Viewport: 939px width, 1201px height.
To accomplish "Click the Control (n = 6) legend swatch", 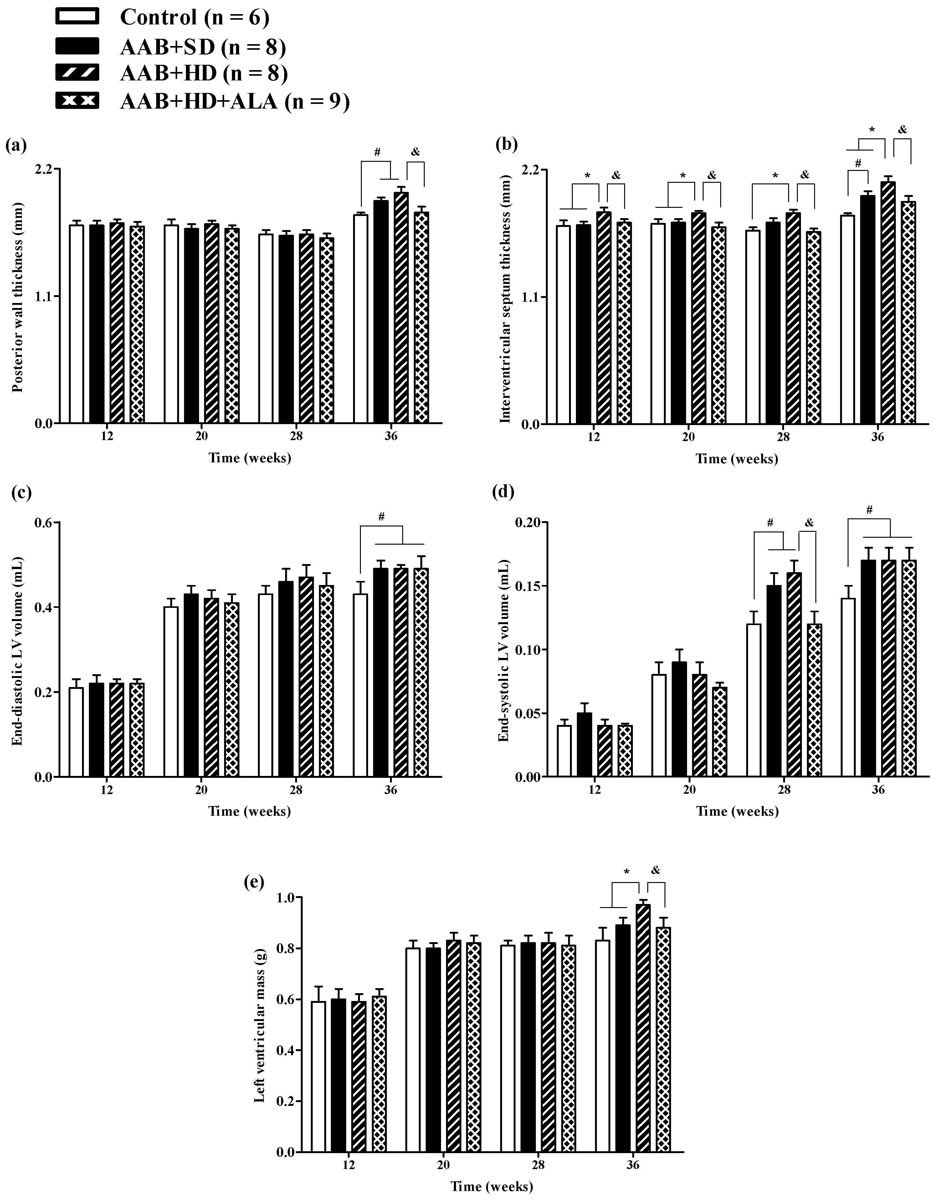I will click(x=77, y=17).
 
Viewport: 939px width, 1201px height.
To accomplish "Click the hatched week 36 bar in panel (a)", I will click(x=401, y=308).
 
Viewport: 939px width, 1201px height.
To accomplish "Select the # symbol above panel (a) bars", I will click(x=377, y=152).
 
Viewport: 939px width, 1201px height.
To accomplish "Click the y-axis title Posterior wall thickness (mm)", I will click(x=18, y=297).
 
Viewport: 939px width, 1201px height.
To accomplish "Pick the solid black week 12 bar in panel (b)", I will click(x=583, y=325).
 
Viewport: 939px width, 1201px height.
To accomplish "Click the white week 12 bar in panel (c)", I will click(x=76, y=732).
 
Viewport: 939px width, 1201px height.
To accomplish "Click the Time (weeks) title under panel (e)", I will click(x=492, y=1187).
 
